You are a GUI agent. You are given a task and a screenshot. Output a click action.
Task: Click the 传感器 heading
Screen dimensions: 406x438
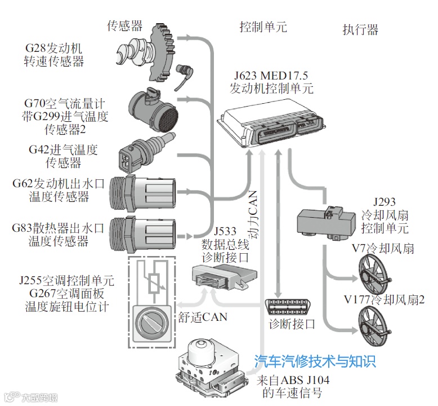(124, 25)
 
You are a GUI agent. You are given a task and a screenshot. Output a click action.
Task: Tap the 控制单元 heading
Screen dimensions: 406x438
(263, 27)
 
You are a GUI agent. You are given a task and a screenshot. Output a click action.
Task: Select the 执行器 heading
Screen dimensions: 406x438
(360, 30)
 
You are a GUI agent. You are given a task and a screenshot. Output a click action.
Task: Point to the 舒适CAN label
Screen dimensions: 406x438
(202, 316)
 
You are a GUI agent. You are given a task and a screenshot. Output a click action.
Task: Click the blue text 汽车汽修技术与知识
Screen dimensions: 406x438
(315, 361)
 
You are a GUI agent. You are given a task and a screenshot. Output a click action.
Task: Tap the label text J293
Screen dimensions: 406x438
(385, 202)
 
